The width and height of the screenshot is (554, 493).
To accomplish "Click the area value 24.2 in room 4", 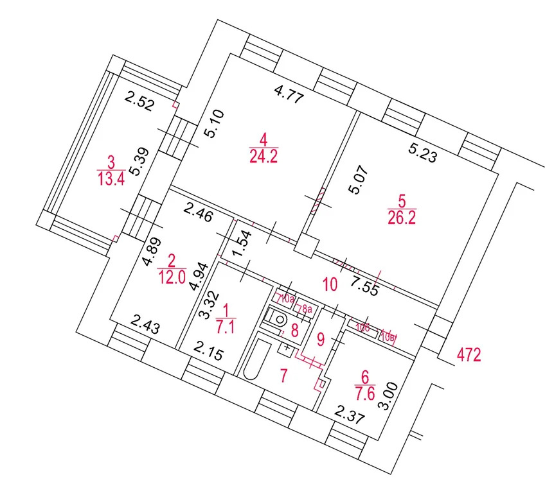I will coord(264,156).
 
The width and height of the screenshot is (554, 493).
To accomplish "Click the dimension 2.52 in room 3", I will coord(139,102).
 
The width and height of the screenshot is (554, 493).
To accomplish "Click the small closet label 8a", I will coord(306,310).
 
